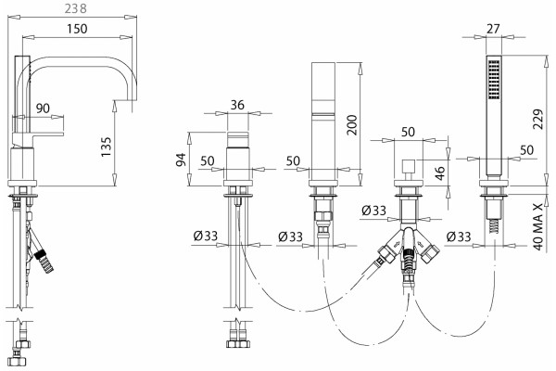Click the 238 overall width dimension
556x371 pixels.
[76, 8]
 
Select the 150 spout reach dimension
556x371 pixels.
[77, 29]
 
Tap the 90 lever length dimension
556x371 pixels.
[43, 109]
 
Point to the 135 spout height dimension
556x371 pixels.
[106, 147]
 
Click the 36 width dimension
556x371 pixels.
[237, 105]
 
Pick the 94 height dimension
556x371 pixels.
[182, 160]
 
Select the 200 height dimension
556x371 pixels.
[352, 124]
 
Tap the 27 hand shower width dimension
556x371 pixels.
[493, 29]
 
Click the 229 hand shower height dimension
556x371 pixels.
[537, 120]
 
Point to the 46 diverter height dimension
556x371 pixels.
[439, 173]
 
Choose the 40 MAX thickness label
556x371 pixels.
[538, 227]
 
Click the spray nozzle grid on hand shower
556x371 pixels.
[494, 80]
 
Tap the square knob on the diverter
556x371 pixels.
[409, 166]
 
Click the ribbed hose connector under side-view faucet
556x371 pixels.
[44, 262]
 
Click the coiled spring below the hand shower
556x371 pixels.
[494, 225]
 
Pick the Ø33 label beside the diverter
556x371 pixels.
[373, 211]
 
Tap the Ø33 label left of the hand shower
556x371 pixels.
[459, 237]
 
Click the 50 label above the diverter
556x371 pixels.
[408, 132]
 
